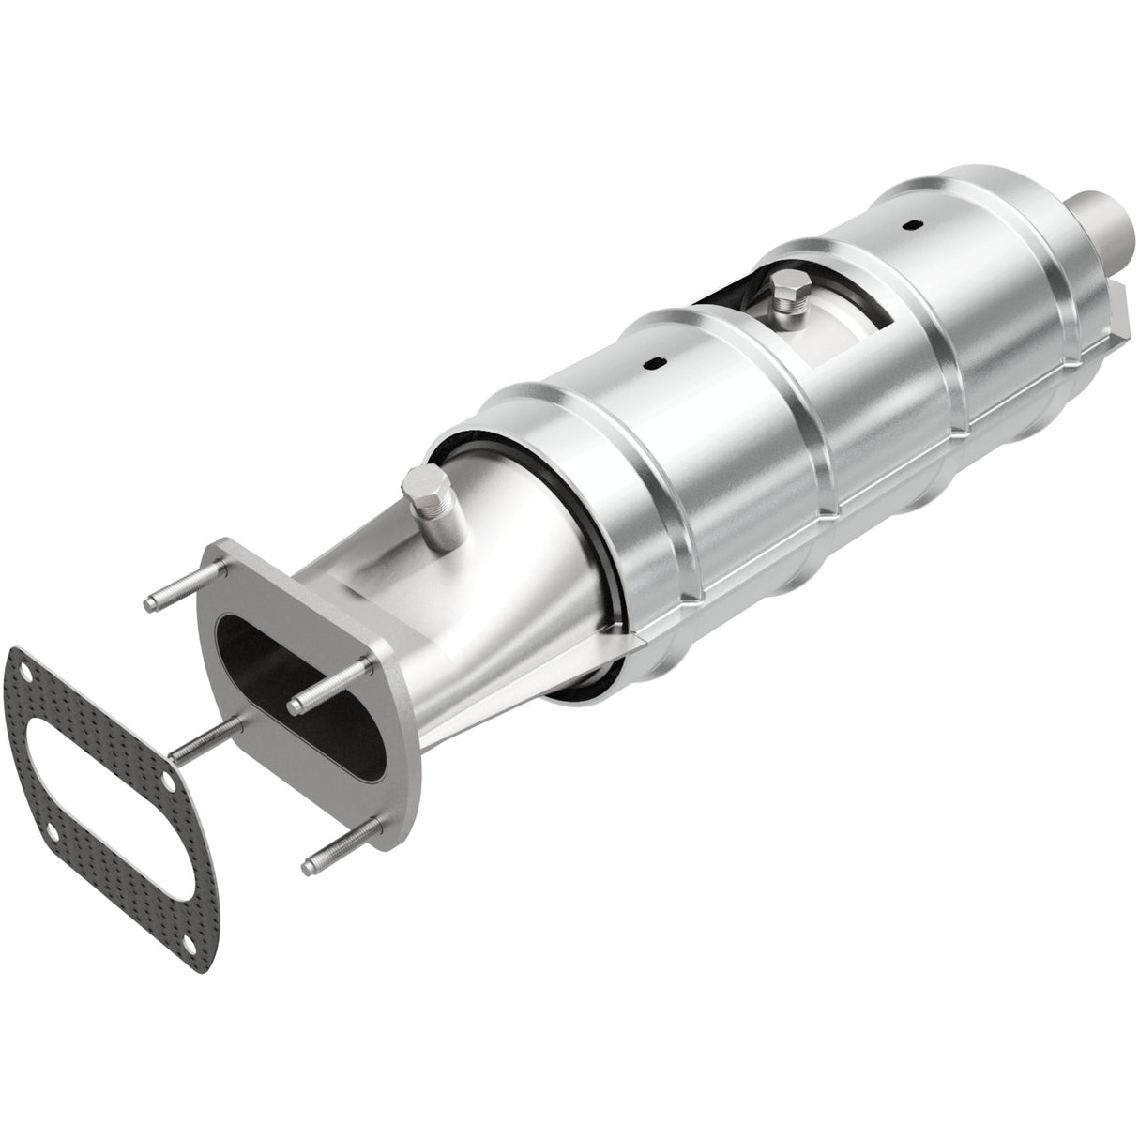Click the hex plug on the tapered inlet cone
point(421,494)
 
